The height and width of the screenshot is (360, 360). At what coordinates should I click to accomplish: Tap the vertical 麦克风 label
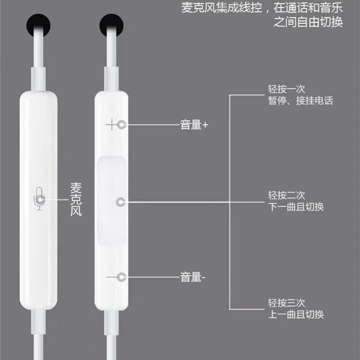[76, 199]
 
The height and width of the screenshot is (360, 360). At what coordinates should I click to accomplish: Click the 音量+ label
[194, 125]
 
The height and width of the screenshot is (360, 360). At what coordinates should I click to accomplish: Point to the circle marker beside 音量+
[121, 125]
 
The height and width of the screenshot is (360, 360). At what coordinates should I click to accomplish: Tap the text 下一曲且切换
[296, 207]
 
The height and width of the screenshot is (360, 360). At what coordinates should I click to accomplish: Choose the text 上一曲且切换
[296, 314]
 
